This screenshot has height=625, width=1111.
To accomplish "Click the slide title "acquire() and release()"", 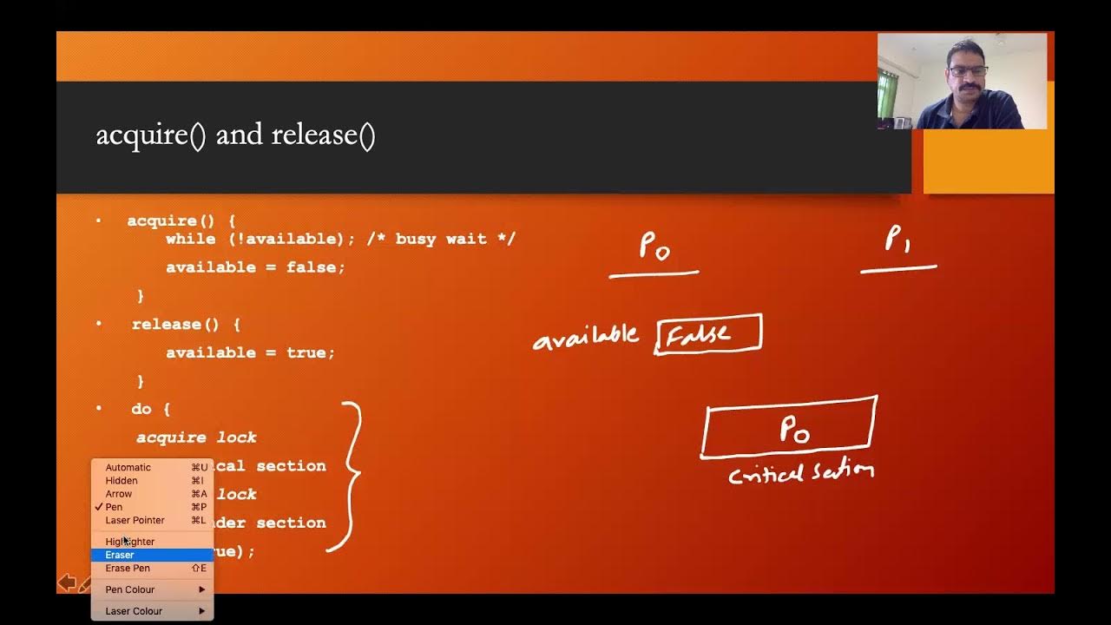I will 235,136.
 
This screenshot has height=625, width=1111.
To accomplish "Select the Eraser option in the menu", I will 120,555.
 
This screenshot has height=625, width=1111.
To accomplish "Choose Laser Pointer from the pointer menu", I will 135,520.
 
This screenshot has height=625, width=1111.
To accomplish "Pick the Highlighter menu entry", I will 130,542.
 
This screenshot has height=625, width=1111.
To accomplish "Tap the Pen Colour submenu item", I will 130,589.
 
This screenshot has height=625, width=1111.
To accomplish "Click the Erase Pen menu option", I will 128,568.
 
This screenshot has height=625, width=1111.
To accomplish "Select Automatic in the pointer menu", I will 128,467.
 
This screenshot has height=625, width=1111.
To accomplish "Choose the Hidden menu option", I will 122,480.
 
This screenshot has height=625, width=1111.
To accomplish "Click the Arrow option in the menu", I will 119,494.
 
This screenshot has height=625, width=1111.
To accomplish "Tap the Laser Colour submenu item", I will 134,611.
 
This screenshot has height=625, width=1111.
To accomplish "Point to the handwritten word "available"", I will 586,338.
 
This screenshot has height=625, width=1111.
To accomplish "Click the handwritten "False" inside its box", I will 699,334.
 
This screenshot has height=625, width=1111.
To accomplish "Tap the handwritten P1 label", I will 897,240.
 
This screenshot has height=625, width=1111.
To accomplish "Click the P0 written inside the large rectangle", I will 795,428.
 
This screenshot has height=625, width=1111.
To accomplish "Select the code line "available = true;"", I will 250,352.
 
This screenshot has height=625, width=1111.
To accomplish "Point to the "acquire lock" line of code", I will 196,437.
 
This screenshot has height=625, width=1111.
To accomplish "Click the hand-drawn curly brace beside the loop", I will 350,476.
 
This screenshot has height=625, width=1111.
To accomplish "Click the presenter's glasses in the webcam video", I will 969,71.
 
